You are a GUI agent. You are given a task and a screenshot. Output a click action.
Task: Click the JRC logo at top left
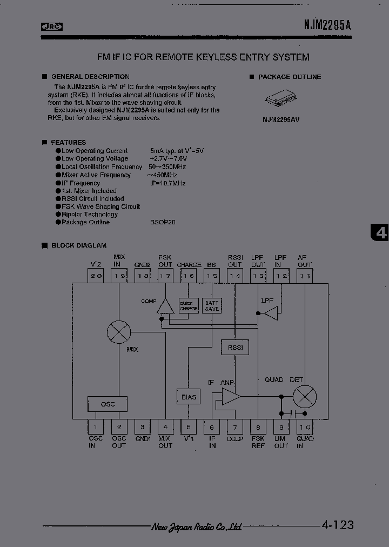click(51, 26)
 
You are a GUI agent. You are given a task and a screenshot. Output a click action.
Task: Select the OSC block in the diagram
click(108, 404)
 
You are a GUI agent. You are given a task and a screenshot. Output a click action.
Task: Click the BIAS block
click(189, 397)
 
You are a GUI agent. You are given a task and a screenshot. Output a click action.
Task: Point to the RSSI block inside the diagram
click(235, 348)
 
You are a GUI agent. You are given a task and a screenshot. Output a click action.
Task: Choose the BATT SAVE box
click(212, 306)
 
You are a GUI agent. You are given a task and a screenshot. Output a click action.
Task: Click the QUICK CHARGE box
click(189, 306)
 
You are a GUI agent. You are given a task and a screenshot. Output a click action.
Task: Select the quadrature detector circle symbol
click(305, 397)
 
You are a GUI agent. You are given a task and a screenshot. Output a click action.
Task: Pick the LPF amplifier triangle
click(270, 313)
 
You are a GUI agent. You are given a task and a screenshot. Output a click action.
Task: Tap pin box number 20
click(96, 276)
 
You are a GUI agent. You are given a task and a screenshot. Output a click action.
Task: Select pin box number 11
click(305, 276)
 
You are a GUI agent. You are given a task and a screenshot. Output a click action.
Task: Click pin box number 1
click(96, 427)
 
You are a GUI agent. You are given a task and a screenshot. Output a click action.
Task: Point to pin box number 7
click(235, 427)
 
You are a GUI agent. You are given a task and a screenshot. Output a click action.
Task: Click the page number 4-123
click(337, 524)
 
